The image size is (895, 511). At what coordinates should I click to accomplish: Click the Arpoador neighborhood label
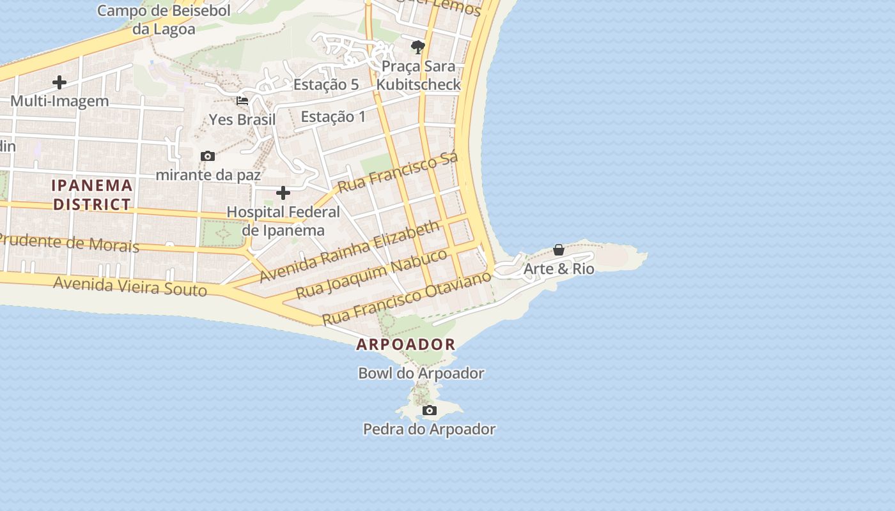[406, 344]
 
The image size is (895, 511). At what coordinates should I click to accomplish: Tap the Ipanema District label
[92, 195]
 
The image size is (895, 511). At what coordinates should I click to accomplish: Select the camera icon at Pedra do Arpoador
[430, 410]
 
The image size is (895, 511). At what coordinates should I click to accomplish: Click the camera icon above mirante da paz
[207, 156]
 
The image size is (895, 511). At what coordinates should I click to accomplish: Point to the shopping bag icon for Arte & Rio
[559, 250]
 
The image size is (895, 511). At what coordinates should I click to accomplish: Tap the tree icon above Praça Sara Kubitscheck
[418, 47]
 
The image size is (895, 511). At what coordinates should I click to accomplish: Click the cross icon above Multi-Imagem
[59, 82]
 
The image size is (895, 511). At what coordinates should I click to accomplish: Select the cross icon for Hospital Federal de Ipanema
[283, 193]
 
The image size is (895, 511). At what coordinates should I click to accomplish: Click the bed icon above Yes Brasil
[242, 100]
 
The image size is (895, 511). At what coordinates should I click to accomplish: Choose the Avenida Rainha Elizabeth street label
[350, 251]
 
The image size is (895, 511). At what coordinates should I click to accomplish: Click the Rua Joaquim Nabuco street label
[372, 274]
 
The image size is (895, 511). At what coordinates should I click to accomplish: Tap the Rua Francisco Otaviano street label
[407, 298]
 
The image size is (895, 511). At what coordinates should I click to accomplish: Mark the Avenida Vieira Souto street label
[130, 286]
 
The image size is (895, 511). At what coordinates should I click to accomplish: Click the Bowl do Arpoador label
[421, 373]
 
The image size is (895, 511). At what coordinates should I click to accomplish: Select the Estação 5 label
[326, 84]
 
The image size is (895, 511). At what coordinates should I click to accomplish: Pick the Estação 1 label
[333, 116]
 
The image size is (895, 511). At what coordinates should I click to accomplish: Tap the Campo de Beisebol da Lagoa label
[164, 19]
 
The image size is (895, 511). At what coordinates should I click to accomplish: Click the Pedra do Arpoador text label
[429, 429]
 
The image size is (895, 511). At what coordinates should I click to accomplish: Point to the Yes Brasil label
[242, 119]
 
